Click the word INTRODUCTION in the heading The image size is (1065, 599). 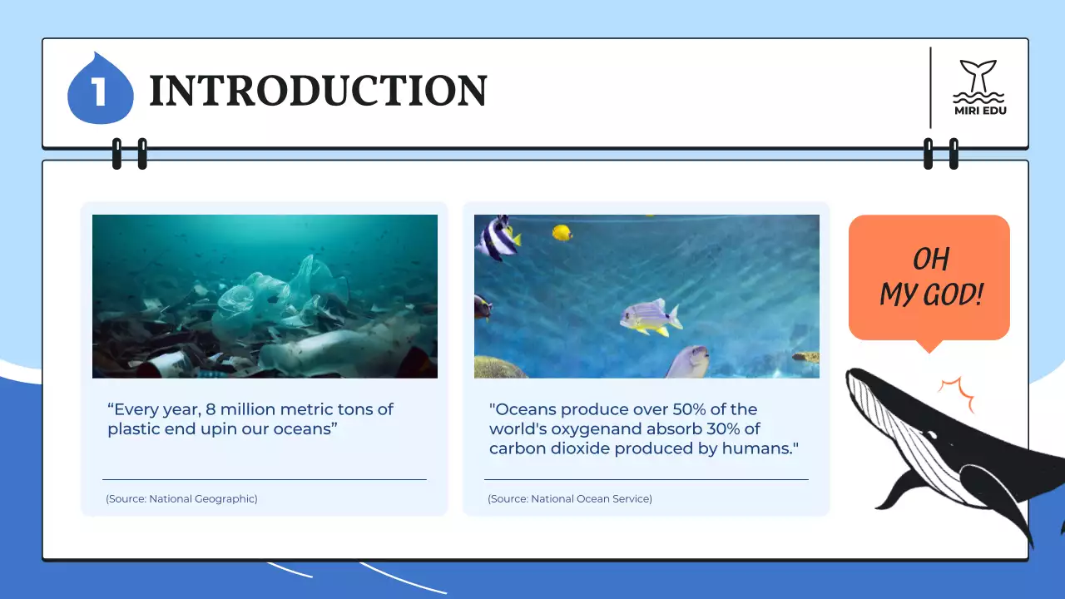[318, 91]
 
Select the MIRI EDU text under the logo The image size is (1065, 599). [979, 110]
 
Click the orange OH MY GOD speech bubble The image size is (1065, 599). [929, 277]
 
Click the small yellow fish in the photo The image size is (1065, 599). [562, 232]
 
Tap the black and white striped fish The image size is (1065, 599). [497, 237]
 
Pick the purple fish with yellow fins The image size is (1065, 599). [650, 317]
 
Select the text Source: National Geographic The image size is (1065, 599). [181, 499]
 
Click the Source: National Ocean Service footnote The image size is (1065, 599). [570, 499]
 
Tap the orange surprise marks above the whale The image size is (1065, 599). [956, 394]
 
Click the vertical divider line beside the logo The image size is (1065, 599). [930, 87]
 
